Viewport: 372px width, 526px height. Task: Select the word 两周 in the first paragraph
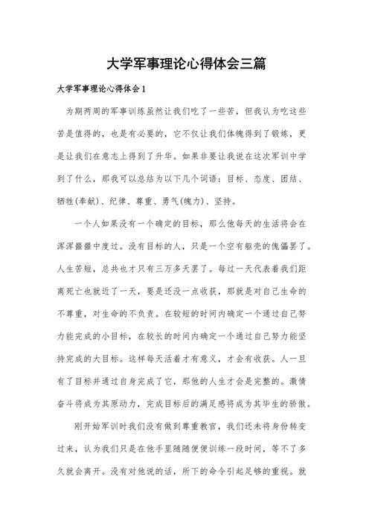91,111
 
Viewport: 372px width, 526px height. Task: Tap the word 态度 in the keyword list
266,179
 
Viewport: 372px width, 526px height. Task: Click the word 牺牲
66,201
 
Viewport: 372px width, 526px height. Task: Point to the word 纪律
126,201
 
